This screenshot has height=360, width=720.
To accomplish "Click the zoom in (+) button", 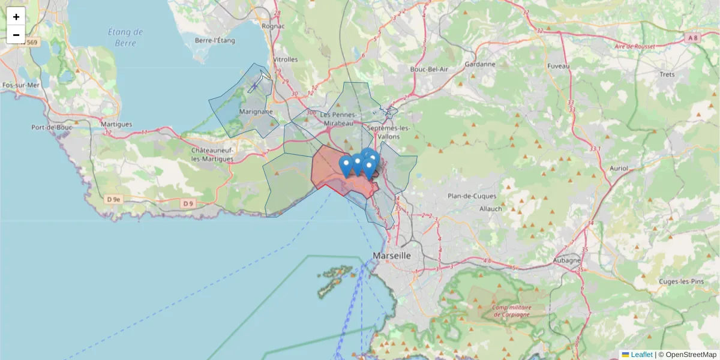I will [16, 17].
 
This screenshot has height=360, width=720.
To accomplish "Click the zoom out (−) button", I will [16, 35].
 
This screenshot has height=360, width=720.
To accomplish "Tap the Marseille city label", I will [392, 256].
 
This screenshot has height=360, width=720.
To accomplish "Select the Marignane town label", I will [256, 112].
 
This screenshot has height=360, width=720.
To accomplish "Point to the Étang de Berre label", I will [125, 37].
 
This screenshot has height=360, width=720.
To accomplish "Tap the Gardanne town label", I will [480, 64].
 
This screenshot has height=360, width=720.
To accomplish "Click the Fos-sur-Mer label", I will [20, 85].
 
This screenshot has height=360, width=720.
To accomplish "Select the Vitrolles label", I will [285, 59].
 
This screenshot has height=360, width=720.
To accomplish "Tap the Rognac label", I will [273, 26].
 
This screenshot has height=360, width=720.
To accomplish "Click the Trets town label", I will [667, 74].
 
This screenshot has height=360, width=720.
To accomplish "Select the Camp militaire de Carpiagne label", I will [511, 310].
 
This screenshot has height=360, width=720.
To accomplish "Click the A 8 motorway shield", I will [692, 38].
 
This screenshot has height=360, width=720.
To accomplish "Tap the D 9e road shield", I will [113, 199].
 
